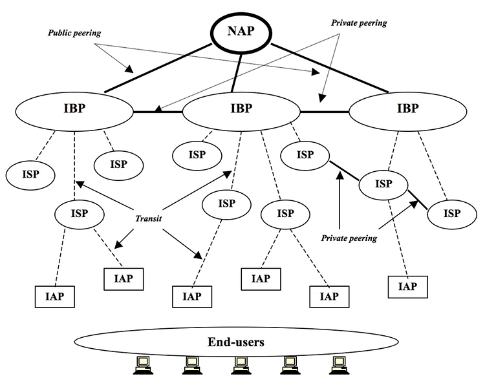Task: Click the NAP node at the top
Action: click(241, 31)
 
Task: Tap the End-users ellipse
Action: click(236, 342)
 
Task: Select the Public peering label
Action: click(74, 33)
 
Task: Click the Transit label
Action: click(149, 218)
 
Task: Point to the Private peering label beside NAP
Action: click(359, 23)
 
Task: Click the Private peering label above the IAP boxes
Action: click(349, 238)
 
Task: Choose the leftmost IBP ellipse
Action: click(74, 112)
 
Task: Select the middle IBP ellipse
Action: click(241, 112)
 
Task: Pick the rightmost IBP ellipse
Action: click(407, 112)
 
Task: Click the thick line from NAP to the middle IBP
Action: click(236, 72)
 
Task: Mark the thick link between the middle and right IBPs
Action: click(325, 112)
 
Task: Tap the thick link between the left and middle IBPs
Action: click(158, 112)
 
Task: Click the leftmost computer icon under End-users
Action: click(143, 365)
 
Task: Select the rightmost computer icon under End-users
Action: click(339, 365)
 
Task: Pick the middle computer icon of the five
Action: click(241, 365)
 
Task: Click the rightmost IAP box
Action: click(407, 287)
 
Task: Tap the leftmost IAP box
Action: click(55, 297)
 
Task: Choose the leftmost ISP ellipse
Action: click(30, 175)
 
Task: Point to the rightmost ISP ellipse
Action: click(452, 214)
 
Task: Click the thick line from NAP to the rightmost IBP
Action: click(330, 68)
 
